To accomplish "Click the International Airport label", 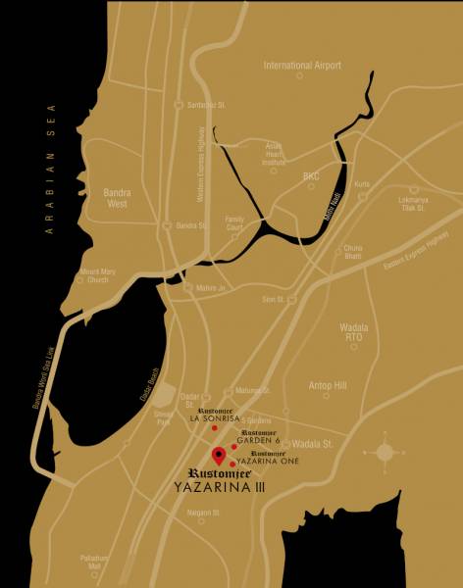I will (302, 66).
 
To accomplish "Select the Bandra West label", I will (123, 199).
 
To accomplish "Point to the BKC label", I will (311, 176).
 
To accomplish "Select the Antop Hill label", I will (328, 386).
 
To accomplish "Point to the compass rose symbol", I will (384, 452).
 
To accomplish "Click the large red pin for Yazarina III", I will (218, 456).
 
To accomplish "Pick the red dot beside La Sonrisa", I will (214, 428).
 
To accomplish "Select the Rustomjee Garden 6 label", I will (259, 437).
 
